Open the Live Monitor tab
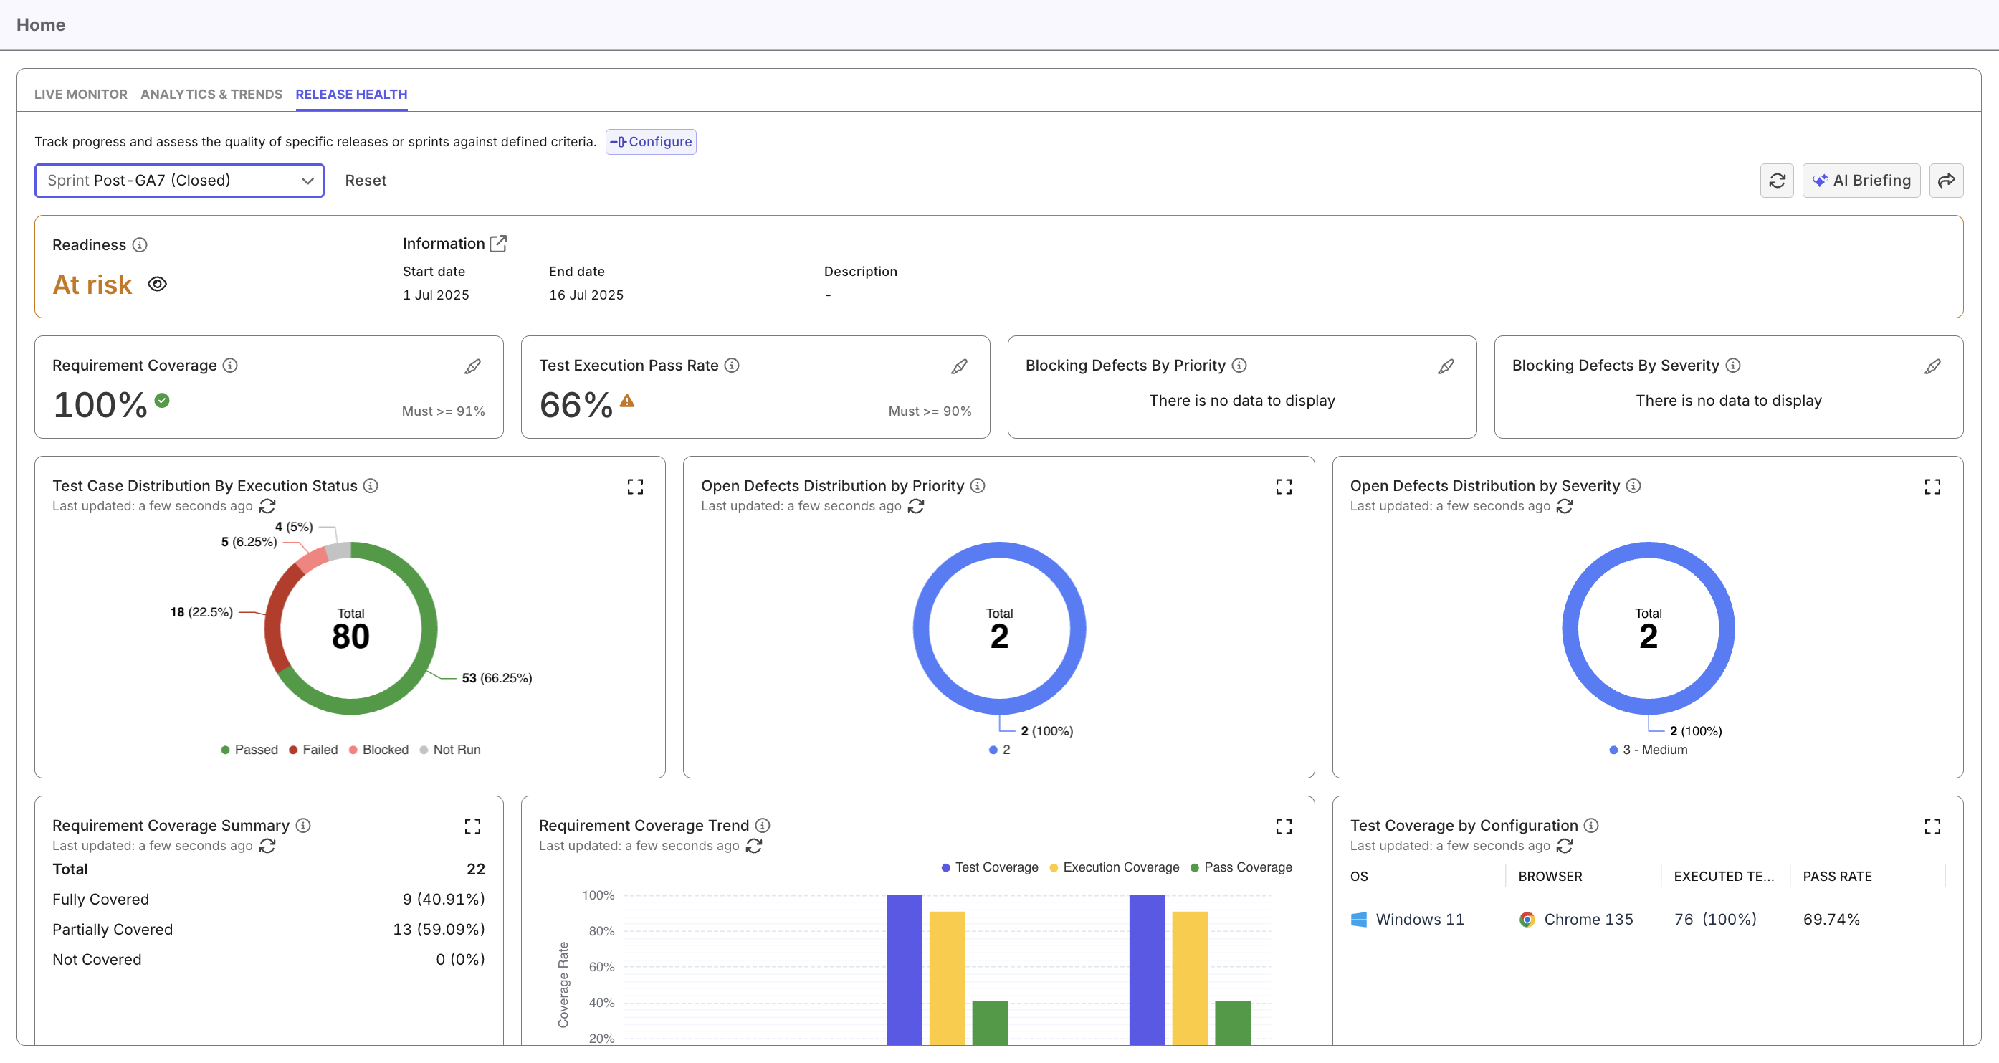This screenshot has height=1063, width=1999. coord(81,94)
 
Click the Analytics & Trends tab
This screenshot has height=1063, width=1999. coord(211,94)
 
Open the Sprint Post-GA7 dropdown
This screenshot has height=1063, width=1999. coord(179,180)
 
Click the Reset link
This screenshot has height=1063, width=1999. coord(366,180)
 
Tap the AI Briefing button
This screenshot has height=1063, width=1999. coord(1861,180)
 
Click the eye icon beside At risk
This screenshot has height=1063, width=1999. coord(158,284)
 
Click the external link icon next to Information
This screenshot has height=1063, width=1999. coord(498,244)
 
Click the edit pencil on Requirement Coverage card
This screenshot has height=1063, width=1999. coord(472,366)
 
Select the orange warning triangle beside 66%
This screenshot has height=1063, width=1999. coord(627,401)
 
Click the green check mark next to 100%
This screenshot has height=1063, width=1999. coord(162,401)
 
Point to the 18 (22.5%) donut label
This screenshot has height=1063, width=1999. coord(201,612)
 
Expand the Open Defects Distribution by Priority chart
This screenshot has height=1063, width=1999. coord(1284,487)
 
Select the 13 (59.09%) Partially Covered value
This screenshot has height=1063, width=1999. coord(439,929)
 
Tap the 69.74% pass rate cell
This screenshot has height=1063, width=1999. coord(1831,919)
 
